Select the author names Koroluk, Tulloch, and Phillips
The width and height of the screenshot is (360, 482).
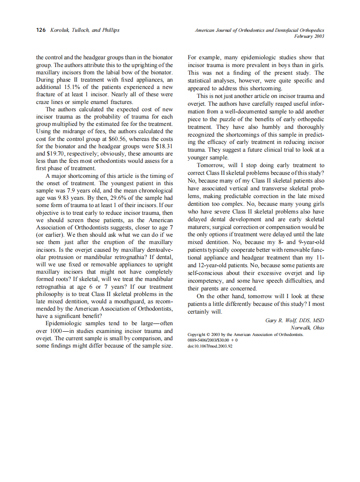[x=84, y=30]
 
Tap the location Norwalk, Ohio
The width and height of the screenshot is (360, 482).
[x=307, y=327]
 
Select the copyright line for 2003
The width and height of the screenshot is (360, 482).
[x=246, y=334]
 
